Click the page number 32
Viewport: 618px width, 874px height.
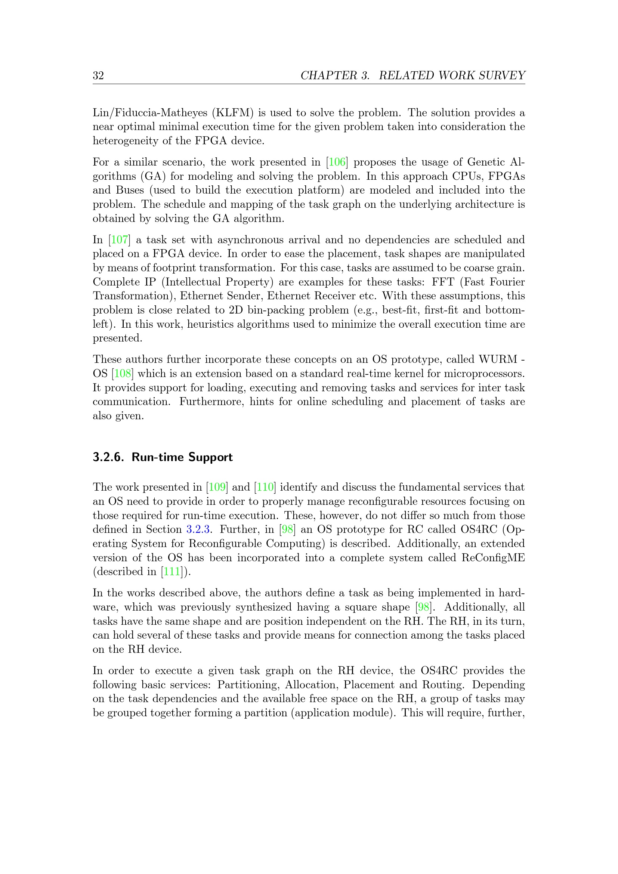(x=98, y=75)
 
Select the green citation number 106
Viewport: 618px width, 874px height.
(x=337, y=162)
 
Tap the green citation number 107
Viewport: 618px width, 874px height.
(x=120, y=240)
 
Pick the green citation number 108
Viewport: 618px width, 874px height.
(x=123, y=373)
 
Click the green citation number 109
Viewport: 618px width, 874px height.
(x=217, y=487)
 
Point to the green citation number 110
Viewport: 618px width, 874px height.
(x=265, y=487)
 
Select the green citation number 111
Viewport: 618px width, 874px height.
(x=172, y=572)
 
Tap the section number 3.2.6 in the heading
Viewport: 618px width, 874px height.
(x=108, y=457)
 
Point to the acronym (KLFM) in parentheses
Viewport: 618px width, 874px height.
(x=232, y=113)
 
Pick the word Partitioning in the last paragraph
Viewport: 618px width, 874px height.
(x=249, y=685)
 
